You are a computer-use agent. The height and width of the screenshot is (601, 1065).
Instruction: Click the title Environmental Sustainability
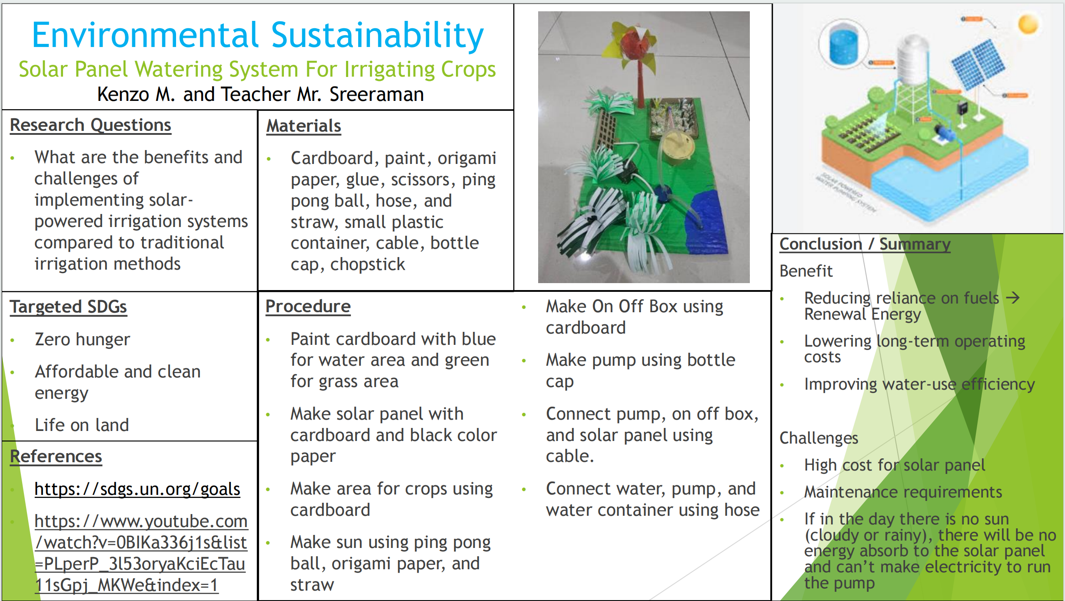click(258, 36)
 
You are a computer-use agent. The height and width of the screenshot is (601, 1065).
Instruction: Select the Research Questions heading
click(90, 125)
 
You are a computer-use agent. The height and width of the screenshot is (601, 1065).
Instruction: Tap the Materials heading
click(303, 126)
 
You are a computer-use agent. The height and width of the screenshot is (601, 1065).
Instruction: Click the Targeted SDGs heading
click(68, 307)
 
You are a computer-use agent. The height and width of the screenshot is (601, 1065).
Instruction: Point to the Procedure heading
click(308, 307)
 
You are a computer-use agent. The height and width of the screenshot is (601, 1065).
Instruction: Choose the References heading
click(56, 457)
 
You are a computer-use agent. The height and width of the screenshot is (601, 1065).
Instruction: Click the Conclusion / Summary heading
click(865, 244)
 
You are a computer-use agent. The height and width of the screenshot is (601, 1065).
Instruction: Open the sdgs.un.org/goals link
click(137, 490)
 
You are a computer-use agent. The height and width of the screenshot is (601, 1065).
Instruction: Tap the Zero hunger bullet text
click(82, 340)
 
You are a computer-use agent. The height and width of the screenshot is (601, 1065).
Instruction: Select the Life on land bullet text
click(82, 425)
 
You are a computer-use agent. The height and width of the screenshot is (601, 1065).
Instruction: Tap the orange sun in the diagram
click(1028, 24)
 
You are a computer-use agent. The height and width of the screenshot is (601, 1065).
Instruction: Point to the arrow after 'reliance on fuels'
click(1013, 298)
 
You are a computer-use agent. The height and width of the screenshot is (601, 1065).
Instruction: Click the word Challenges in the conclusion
click(819, 438)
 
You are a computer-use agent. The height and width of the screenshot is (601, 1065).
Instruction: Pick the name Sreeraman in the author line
click(376, 94)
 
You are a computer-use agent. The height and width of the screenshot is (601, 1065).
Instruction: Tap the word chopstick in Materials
click(368, 264)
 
